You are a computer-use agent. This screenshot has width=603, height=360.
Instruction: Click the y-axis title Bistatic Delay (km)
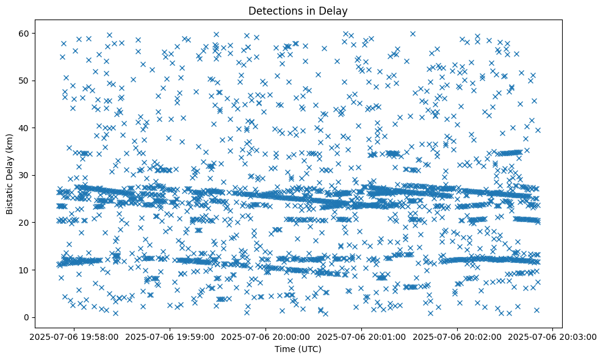[10, 175]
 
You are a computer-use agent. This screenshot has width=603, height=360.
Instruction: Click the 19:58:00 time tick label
[74, 336]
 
